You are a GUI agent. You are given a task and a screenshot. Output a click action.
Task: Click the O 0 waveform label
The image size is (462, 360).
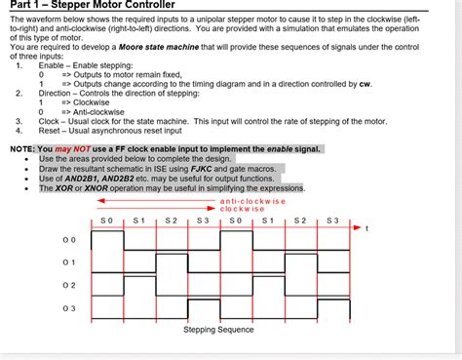pyautogui.click(x=67, y=239)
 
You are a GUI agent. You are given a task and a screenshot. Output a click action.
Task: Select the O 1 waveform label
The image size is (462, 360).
pyautogui.click(x=67, y=262)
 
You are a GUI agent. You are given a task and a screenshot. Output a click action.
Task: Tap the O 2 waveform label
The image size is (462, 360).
pyautogui.click(x=67, y=286)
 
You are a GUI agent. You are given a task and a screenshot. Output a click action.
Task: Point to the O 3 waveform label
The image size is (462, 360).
pyautogui.click(x=67, y=308)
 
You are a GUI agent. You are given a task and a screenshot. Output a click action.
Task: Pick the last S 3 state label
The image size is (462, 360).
pyautogui.click(x=332, y=220)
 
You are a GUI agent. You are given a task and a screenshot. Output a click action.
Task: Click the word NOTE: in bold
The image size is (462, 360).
pyautogui.click(x=20, y=148)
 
